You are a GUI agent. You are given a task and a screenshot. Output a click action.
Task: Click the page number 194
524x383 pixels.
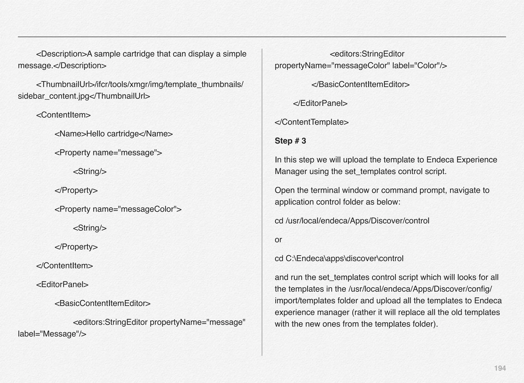[500, 368]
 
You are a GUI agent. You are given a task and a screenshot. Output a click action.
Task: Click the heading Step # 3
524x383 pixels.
[290, 141]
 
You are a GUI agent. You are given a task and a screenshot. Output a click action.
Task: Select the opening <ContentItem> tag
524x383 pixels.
[63, 115]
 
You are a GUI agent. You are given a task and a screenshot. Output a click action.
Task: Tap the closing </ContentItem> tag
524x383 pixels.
[64, 265]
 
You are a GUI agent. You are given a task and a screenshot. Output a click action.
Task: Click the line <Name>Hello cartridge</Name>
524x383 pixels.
[114, 134]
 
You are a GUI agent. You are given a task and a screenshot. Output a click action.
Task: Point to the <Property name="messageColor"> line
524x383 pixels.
[118, 209]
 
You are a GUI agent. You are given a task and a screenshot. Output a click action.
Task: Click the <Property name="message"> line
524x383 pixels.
[108, 153]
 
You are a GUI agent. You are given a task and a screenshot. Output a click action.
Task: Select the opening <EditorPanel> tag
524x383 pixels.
[62, 284]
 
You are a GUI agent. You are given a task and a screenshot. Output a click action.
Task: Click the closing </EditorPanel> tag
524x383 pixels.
[320, 103]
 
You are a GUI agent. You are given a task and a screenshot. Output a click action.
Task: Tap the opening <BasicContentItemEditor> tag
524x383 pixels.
[103, 303]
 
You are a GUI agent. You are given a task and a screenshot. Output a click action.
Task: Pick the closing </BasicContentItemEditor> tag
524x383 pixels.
[360, 84]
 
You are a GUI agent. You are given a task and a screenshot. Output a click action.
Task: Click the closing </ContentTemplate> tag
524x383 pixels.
[312, 122]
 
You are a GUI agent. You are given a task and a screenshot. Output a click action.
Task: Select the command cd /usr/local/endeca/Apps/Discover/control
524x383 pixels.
[352, 221]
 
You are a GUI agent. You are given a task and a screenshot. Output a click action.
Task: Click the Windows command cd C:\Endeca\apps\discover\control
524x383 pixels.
[339, 259]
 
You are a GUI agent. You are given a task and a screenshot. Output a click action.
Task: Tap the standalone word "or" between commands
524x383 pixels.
[278, 240]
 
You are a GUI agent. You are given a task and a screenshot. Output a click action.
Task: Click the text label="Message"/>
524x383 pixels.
[52, 334]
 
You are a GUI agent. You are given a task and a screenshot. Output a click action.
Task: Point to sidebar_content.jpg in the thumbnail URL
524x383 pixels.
[53, 96]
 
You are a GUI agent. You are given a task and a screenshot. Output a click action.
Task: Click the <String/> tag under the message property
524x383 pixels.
[90, 171]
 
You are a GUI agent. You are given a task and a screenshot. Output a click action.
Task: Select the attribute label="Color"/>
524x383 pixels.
[420, 66]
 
